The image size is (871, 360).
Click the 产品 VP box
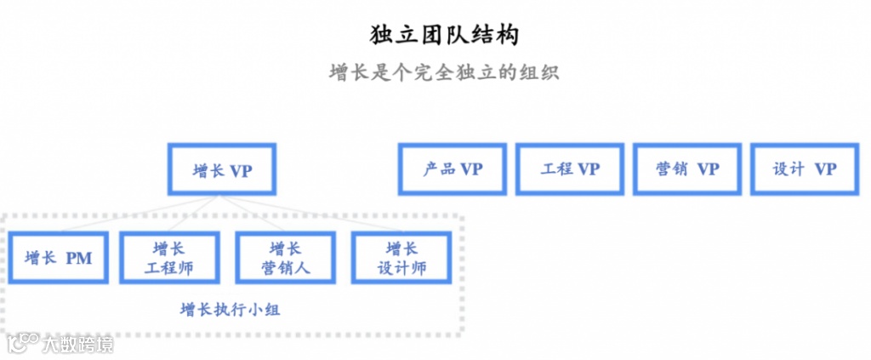(452, 169)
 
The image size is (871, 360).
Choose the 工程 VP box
(569, 169)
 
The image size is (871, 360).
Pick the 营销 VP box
(687, 169)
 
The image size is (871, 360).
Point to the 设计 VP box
(804, 169)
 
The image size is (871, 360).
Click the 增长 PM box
(59, 258)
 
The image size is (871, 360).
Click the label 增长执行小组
(231, 310)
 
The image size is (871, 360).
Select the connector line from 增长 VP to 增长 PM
(128, 213)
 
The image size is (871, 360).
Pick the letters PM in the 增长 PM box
(79, 258)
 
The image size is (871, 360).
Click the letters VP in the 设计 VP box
(825, 169)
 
